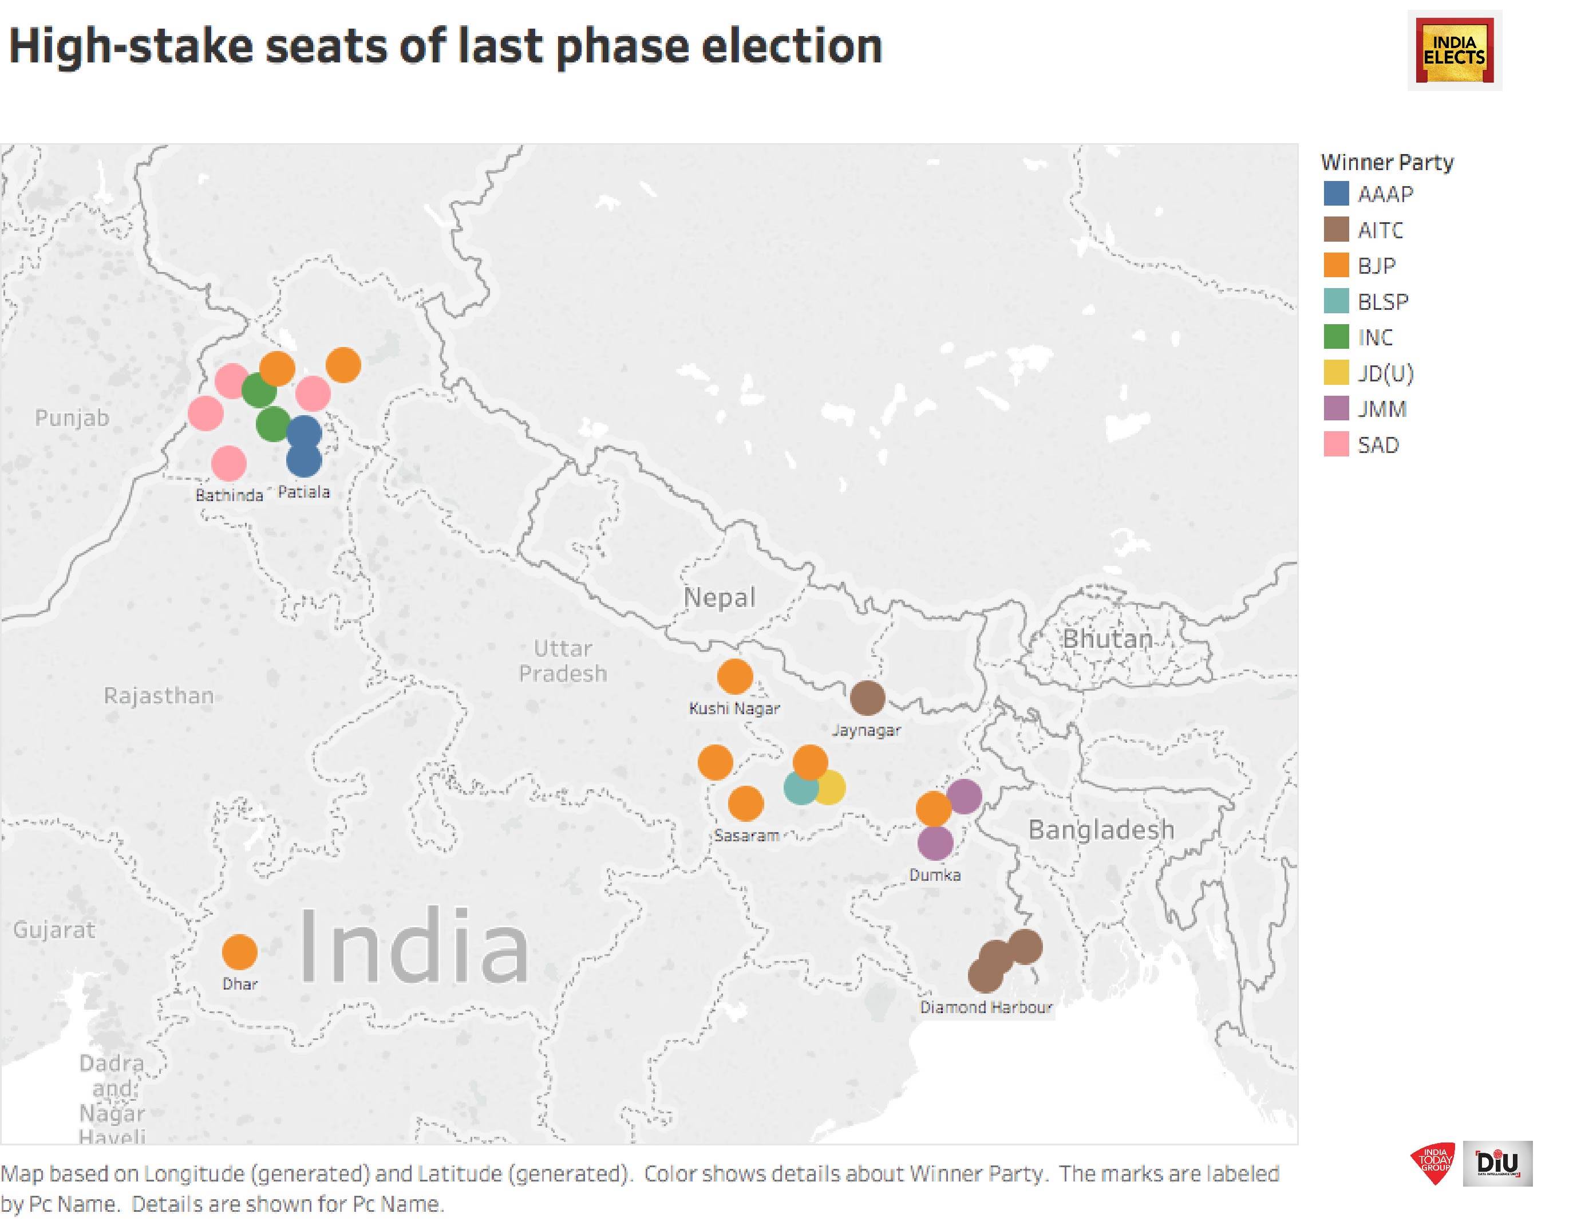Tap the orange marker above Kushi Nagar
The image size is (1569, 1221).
(734, 676)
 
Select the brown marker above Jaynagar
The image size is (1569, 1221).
(867, 698)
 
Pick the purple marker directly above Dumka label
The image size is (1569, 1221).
(935, 843)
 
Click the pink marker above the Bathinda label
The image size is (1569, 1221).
(229, 463)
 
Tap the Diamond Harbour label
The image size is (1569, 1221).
(986, 1007)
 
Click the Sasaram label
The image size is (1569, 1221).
(746, 836)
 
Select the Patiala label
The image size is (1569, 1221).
(303, 493)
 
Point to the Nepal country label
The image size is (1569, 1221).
(719, 597)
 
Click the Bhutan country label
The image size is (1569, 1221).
(1107, 638)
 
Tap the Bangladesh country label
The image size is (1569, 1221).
(1101, 830)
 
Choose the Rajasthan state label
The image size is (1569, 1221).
(159, 696)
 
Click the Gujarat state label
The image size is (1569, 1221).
(54, 930)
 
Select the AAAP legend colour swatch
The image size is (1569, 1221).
(1335, 194)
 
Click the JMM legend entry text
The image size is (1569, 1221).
(1381, 409)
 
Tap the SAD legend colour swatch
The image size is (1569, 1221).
(1335, 445)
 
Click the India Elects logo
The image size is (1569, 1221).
(1454, 50)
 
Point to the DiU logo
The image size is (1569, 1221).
(1498, 1163)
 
